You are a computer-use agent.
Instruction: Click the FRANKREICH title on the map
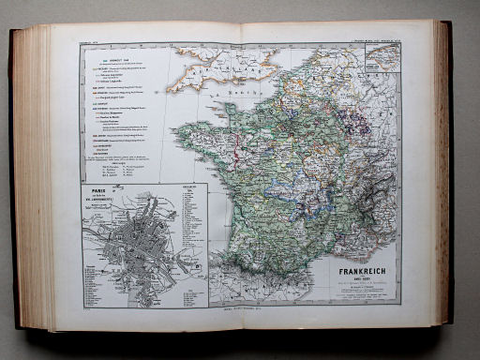tap(352, 252)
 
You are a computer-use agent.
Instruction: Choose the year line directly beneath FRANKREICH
tap(352, 262)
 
